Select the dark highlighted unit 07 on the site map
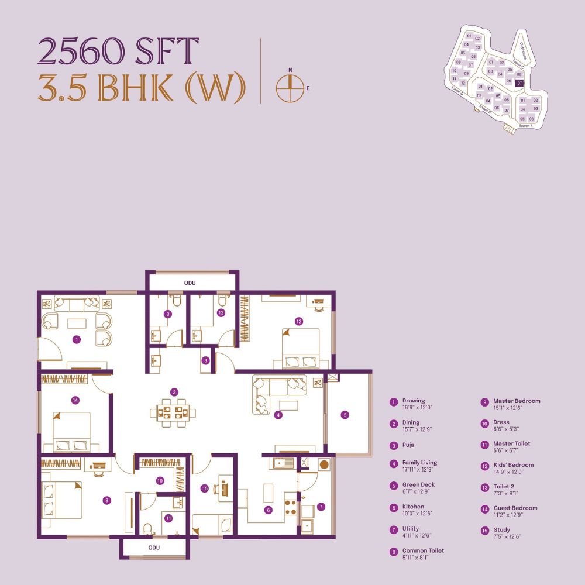click(x=519, y=84)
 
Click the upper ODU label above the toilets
click(x=190, y=283)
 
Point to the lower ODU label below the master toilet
click(x=154, y=548)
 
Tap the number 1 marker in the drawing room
click(x=75, y=339)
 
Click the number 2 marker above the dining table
click(x=174, y=392)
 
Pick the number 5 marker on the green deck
click(x=345, y=415)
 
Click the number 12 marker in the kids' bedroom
click(x=298, y=321)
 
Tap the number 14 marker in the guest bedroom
click(x=75, y=401)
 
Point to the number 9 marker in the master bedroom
click(x=106, y=500)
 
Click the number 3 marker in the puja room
click(x=205, y=360)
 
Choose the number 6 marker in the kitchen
click(x=268, y=510)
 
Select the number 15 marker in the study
click(x=205, y=488)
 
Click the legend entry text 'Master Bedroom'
click(x=517, y=401)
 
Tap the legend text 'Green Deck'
click(x=418, y=485)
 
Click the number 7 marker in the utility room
click(x=320, y=506)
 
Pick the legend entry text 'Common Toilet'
click(x=423, y=550)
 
